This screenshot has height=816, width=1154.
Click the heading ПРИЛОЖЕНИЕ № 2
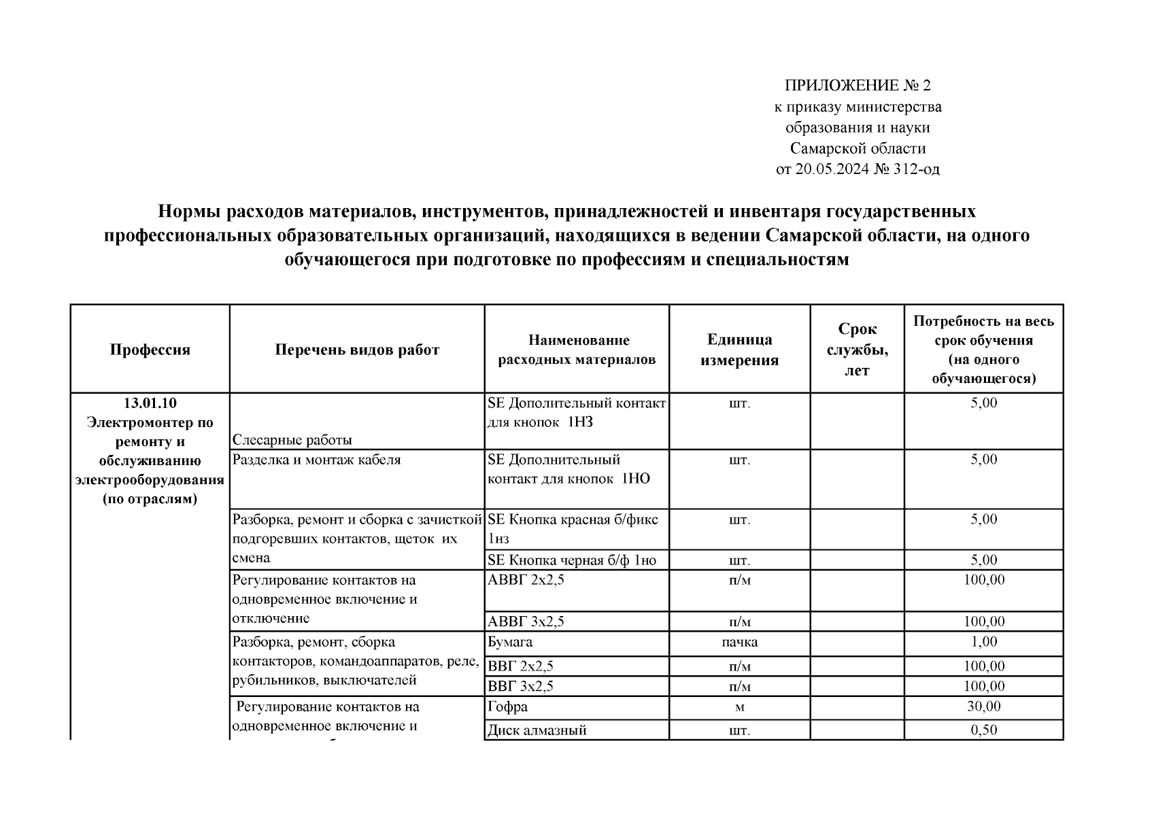858,86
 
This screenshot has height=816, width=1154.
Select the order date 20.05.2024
831,169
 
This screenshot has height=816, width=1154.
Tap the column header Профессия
150,350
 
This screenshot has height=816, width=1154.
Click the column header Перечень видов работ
357,350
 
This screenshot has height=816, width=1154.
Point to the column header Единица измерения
739,350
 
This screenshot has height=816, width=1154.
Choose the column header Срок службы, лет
857,350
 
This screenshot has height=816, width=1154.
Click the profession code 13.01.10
150,403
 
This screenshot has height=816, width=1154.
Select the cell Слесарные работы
292,440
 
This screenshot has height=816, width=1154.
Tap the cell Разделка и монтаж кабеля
317,460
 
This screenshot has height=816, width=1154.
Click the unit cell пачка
739,642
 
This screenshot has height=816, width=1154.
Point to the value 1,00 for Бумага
983,642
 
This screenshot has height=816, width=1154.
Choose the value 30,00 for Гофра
983,707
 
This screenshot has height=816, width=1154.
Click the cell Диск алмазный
537,730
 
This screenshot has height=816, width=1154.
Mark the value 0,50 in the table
983,730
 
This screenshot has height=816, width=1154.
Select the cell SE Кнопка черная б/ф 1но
572,560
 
